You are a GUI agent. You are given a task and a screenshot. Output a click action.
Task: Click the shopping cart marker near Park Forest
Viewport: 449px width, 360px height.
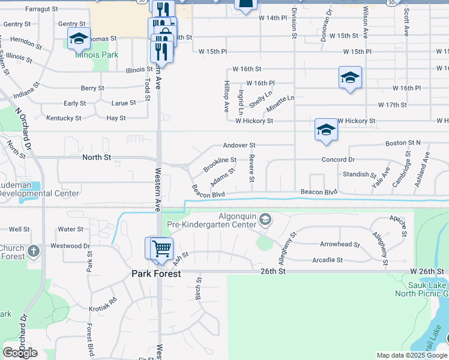161,248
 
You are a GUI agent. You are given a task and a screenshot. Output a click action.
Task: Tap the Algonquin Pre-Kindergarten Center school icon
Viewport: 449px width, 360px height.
264,221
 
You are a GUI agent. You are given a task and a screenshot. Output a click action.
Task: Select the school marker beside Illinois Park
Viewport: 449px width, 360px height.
78,39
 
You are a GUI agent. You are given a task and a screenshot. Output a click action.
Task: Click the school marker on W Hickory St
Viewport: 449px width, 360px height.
325,130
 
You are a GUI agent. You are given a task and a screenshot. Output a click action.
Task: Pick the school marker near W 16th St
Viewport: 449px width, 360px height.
350,78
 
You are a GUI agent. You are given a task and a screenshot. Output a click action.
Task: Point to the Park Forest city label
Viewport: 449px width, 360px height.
156,274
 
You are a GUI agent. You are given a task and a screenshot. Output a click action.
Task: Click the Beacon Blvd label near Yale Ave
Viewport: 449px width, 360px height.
319,191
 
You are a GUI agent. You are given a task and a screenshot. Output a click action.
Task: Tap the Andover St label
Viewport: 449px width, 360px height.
240,145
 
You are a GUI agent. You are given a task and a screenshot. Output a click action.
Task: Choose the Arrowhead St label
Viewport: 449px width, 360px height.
339,245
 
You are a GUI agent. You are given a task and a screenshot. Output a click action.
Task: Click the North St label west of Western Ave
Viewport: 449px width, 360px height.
96,157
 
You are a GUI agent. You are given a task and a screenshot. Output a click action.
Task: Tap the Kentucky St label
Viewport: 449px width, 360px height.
63,118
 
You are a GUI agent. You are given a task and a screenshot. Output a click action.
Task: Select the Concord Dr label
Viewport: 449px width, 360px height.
338,160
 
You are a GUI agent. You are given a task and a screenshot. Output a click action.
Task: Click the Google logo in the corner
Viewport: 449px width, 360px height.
20,353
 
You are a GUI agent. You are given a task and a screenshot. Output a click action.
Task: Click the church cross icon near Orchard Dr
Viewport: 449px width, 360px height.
34,251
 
